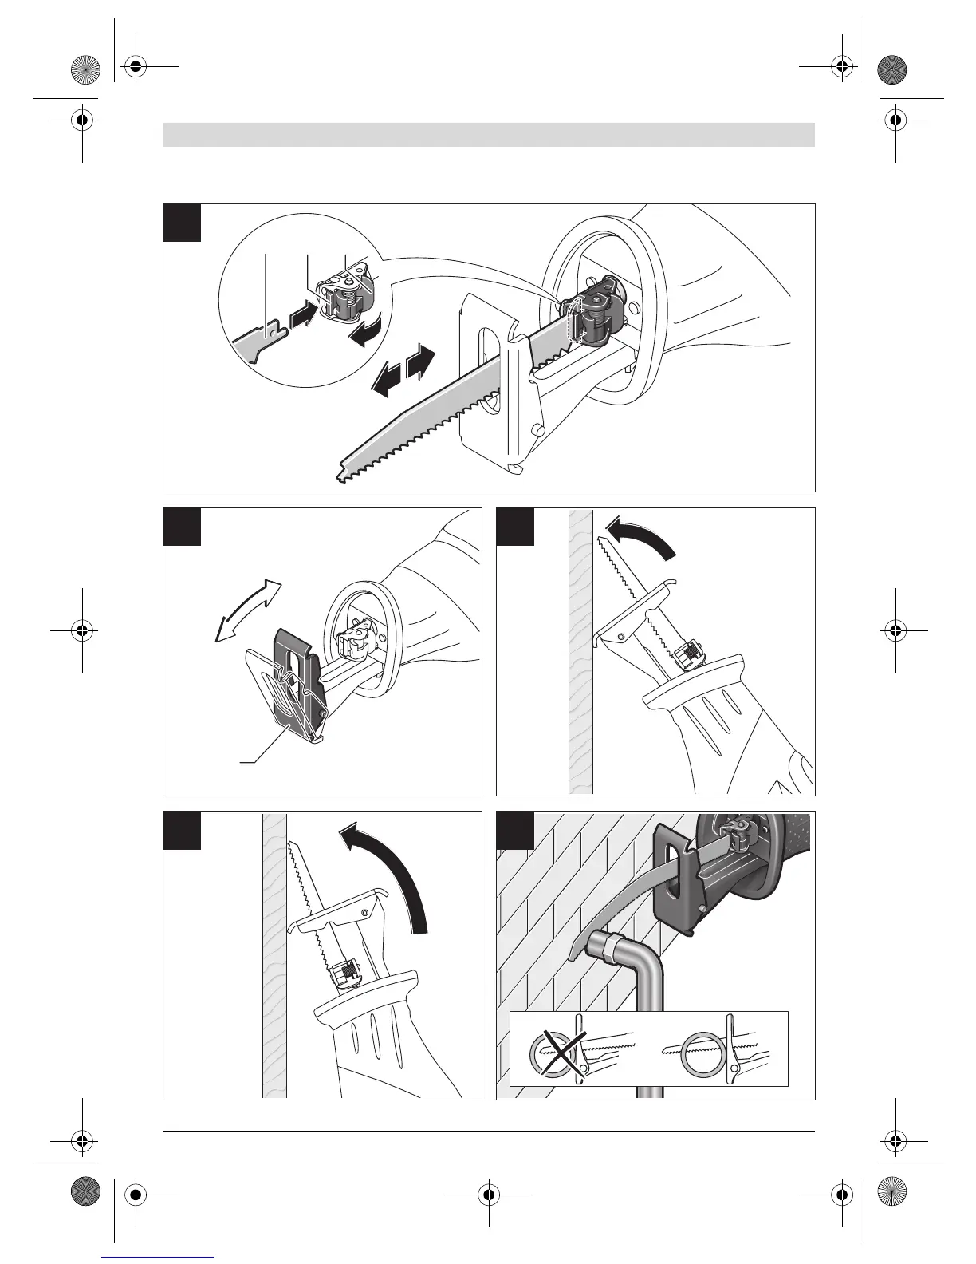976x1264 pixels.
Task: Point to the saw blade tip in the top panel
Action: pyautogui.click(x=344, y=476)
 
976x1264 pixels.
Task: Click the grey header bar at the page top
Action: pyautogui.click(x=488, y=135)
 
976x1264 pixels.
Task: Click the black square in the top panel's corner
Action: pyautogui.click(x=182, y=223)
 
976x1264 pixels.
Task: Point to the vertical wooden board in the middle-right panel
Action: pyautogui.click(x=580, y=650)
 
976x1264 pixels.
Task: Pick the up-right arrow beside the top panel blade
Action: pyautogui.click(x=421, y=363)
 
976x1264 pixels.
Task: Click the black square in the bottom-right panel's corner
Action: pyautogui.click(x=515, y=831)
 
